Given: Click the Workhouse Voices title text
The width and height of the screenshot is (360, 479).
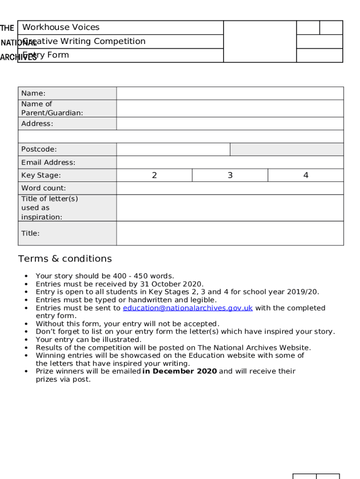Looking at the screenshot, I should (61, 27).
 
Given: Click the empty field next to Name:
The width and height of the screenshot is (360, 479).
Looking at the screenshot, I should (230, 93).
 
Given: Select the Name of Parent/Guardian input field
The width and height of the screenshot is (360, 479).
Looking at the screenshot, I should (230, 108).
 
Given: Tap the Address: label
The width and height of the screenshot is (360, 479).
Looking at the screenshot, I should (37, 123).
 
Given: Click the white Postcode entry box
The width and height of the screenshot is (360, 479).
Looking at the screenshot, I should (173, 149).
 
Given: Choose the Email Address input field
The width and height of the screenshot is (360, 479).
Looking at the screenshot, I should (230, 162).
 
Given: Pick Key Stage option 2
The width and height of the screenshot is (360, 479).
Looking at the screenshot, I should (154, 175).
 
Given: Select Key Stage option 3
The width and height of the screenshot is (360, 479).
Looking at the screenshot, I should (230, 175).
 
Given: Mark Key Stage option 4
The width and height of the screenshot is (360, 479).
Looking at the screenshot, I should (306, 175).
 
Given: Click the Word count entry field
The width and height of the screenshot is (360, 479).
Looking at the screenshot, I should (230, 188).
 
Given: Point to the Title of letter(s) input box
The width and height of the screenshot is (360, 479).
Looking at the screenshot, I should (230, 208).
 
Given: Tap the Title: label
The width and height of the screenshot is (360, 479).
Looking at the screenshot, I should (30, 233).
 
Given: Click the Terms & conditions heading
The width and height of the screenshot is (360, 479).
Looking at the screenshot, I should (65, 259).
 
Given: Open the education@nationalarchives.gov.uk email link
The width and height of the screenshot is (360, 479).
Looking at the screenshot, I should (187, 308).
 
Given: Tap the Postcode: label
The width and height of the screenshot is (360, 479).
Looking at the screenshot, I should (39, 149).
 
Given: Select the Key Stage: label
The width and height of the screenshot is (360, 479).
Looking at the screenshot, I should (41, 175).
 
